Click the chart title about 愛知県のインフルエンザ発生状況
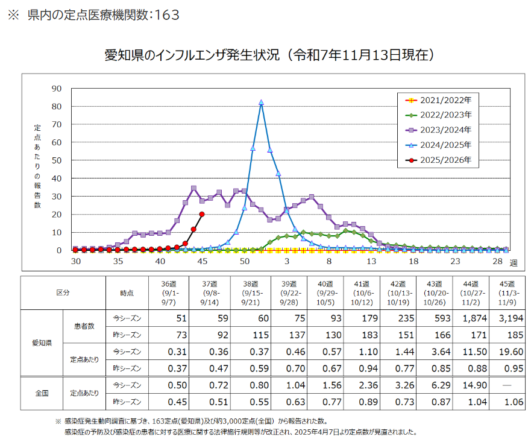269,55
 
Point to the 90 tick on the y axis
57,89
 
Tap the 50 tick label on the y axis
57,160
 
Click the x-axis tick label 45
203,261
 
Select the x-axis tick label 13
371,261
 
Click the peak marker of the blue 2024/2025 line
261,103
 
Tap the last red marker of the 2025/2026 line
202,214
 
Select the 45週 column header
506,292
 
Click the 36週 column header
168,292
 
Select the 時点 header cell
127,292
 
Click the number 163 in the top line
167,15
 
